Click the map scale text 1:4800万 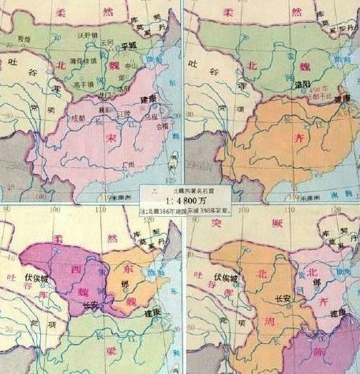pyautogui.click(x=180, y=201)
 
